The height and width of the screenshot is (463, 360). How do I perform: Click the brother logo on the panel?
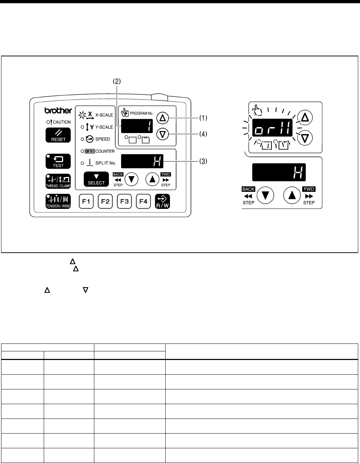[x=58, y=111]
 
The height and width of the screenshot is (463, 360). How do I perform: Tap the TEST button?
[x=58, y=162]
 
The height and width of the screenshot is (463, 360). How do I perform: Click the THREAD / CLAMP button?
[x=58, y=181]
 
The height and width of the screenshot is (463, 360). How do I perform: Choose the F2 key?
[x=105, y=202]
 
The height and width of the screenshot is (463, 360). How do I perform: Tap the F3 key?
[x=124, y=202]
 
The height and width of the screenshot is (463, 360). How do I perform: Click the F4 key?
[x=143, y=202]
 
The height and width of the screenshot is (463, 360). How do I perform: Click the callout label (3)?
[x=203, y=162]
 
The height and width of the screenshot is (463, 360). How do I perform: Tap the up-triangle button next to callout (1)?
[x=163, y=118]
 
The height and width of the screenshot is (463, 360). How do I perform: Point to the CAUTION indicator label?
[x=61, y=122]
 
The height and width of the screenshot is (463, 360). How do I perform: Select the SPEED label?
[x=103, y=139]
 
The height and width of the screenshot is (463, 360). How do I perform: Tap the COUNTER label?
[x=105, y=151]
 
